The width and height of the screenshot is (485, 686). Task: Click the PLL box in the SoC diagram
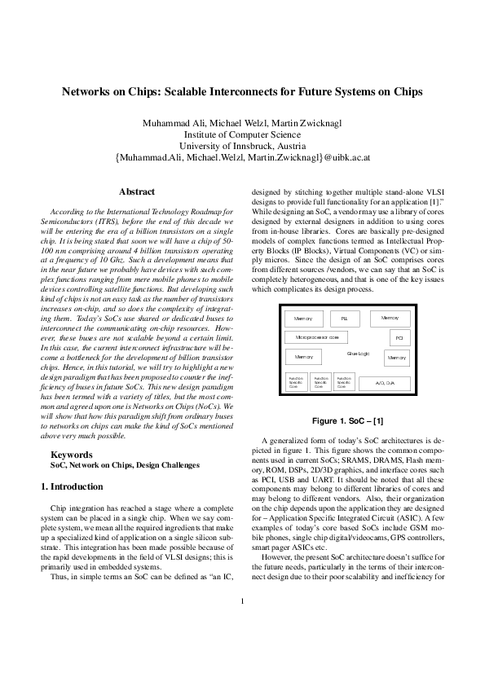[344, 318]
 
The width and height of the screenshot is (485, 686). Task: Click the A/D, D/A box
[384, 381]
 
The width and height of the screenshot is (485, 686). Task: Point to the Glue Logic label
[358, 353]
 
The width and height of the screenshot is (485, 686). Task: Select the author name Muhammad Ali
[171, 123]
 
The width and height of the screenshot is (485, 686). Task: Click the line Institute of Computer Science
[242, 134]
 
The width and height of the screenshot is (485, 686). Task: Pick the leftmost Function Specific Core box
[296, 381]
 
